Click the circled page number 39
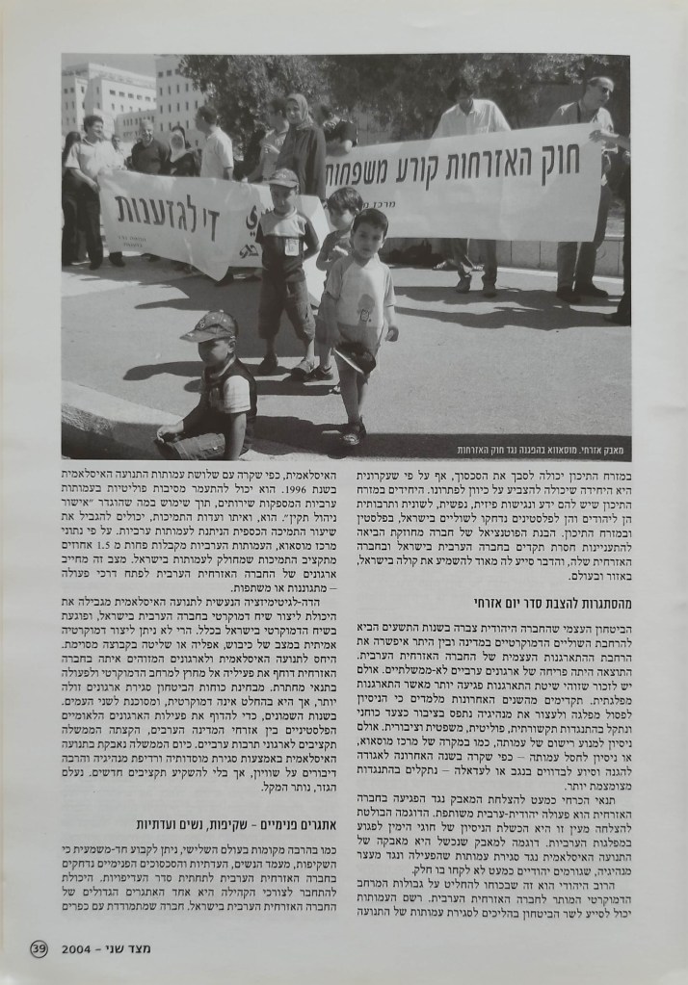[x=39, y=947]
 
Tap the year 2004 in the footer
[x=75, y=947]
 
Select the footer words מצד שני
[x=128, y=947]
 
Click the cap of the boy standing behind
[x=283, y=178]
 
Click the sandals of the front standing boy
[x=352, y=433]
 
